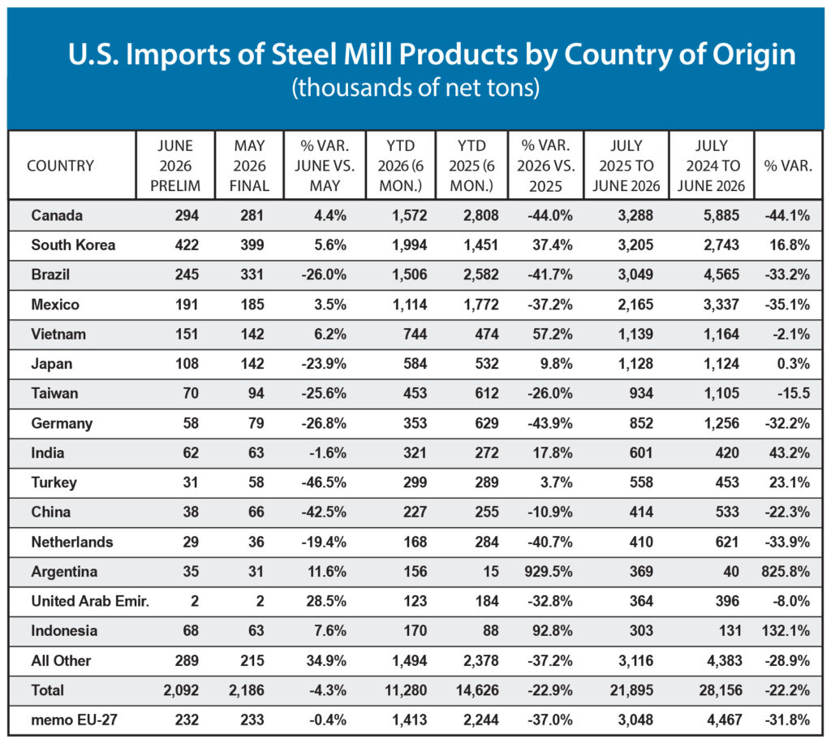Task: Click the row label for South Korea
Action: [x=73, y=245]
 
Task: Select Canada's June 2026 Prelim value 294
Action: [x=187, y=215]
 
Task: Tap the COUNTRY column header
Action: [x=60, y=166]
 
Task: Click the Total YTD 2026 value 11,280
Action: [x=406, y=690]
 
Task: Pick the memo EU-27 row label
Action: [x=74, y=720]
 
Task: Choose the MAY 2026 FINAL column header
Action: [x=249, y=166]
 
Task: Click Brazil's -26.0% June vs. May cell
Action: [x=324, y=275]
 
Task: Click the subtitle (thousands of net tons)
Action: [x=415, y=88]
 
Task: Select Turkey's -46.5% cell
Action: [x=324, y=482]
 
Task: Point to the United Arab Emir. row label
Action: [x=90, y=601]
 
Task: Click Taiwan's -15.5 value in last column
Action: [x=794, y=393]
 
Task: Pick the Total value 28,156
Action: [x=721, y=690]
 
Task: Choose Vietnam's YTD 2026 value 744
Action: [x=415, y=334]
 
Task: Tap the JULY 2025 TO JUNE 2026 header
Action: [x=626, y=166]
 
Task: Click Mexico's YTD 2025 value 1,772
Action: [x=481, y=305]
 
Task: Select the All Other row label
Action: [x=61, y=660]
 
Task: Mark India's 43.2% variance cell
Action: [x=790, y=453]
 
